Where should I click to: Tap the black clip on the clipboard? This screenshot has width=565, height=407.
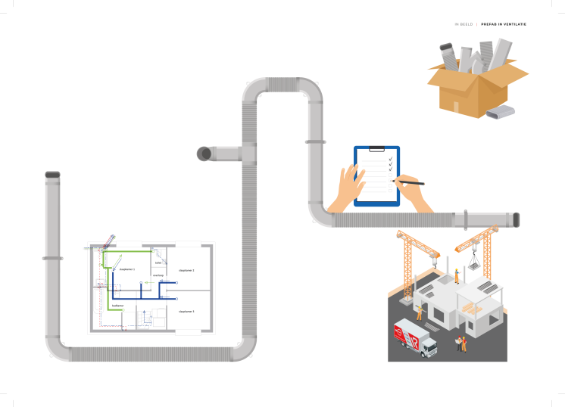click(x=376, y=149)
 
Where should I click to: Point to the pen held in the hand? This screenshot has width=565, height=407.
click(x=409, y=182)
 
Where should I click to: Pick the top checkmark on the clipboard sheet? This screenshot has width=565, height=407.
click(x=390, y=159)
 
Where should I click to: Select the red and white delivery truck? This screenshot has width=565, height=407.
click(x=415, y=337)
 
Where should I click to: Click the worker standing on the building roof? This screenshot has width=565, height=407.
click(x=457, y=275)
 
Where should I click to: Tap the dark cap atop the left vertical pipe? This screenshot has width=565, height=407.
click(x=52, y=175)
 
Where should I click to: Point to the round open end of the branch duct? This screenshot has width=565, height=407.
click(x=203, y=154)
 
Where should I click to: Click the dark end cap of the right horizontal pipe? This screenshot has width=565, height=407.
click(x=517, y=219)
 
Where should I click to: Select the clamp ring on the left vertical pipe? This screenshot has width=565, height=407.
click(x=52, y=258)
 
